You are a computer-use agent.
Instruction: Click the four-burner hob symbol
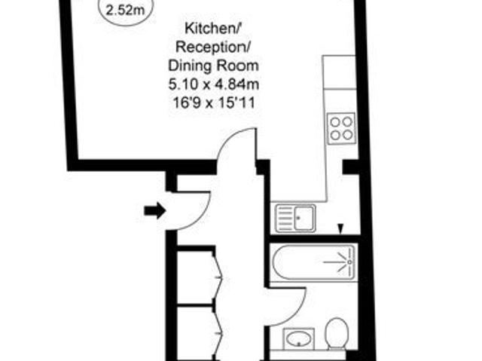(340, 127)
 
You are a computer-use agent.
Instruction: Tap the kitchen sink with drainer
(296, 218)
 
